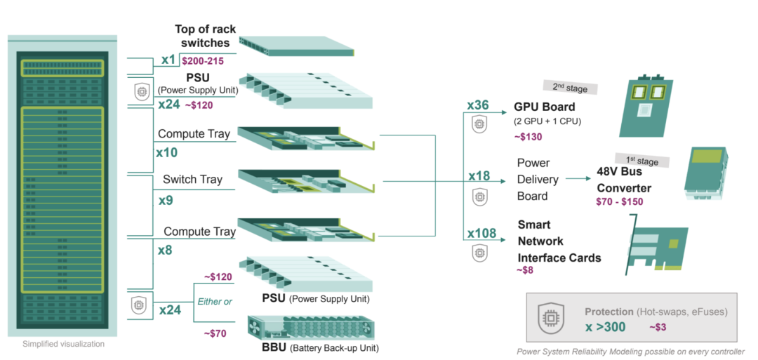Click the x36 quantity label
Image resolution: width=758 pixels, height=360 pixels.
click(x=478, y=105)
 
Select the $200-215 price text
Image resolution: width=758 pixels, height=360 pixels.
click(x=202, y=62)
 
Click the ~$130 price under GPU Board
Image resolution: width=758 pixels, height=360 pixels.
click(x=528, y=136)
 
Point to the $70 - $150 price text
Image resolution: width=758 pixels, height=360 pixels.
click(x=619, y=201)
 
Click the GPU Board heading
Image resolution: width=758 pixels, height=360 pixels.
click(x=545, y=107)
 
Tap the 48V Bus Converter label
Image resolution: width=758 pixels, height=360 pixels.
click(x=624, y=179)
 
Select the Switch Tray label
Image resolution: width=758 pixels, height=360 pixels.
click(x=192, y=179)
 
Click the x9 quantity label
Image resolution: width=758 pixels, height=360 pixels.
click(x=166, y=200)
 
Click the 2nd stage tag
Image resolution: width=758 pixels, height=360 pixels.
click(x=569, y=87)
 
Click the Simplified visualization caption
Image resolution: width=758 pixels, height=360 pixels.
click(x=63, y=344)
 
